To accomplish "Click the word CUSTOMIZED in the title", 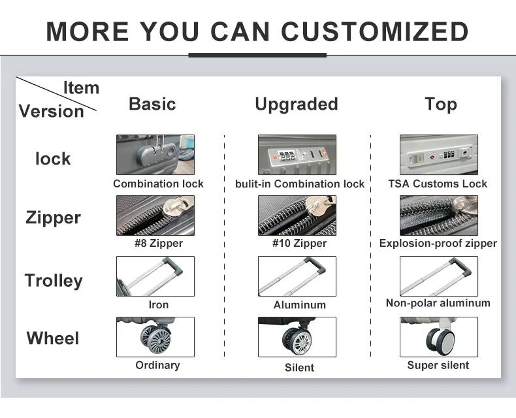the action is click(x=374, y=31).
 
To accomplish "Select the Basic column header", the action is click(x=152, y=104).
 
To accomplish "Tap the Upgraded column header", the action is click(x=297, y=104).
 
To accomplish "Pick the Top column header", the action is click(x=441, y=104).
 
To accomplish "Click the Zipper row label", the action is click(x=53, y=218).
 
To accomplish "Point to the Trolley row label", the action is click(x=54, y=281).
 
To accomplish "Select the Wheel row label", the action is click(x=53, y=338).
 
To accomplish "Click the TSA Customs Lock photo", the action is click(x=439, y=155).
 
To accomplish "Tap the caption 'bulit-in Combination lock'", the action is click(x=300, y=184).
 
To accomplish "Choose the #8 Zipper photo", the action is click(x=155, y=216).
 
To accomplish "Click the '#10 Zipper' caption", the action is click(x=299, y=243).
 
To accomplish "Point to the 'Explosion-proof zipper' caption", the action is click(x=438, y=243).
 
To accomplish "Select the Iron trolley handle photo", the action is click(x=155, y=276).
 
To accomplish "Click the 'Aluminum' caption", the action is click(x=299, y=305).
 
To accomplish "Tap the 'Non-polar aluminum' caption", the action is click(x=438, y=303).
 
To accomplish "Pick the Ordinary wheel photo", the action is click(x=155, y=337).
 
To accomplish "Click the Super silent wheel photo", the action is click(x=439, y=337).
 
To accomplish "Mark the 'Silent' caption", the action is click(x=299, y=367).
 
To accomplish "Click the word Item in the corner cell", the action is click(x=81, y=88).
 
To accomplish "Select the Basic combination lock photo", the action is click(x=155, y=155).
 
